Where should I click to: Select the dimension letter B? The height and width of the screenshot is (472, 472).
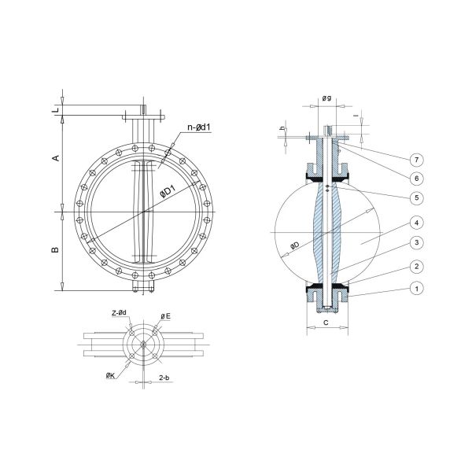55,250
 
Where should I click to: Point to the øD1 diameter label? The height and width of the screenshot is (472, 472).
166,190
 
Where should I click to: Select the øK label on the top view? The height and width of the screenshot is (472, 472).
112,377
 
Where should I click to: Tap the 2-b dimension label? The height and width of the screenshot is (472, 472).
165,378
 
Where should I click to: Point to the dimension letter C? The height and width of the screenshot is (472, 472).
326,323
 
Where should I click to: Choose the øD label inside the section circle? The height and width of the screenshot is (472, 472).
293,246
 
